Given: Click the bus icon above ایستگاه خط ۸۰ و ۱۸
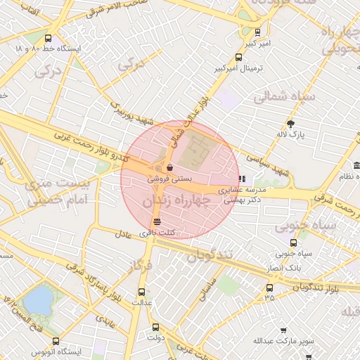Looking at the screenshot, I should coord(48,38).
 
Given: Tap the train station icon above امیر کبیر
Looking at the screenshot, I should coord(257,32).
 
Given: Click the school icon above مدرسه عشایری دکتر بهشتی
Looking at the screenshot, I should coord(243,179).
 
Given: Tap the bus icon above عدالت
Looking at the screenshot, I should coord(141,290).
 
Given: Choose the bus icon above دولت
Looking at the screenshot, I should coord(155,326).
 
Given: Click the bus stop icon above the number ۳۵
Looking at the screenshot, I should coord(269,287).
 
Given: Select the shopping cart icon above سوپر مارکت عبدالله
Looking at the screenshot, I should coord(283,330).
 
